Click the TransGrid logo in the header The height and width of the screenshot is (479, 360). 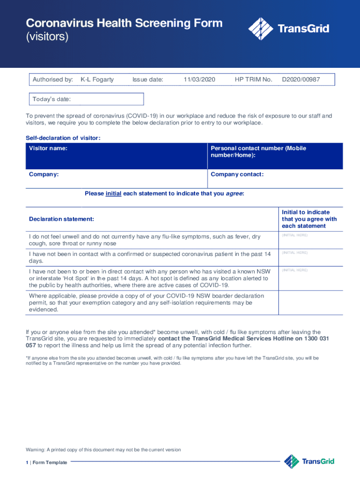(x=288, y=29)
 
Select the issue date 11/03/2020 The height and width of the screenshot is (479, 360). (x=199, y=80)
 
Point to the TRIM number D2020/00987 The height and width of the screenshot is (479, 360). (x=301, y=80)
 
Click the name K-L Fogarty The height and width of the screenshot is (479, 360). (x=97, y=80)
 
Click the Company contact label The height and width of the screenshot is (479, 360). (x=237, y=174)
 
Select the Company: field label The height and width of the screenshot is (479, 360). (x=44, y=174)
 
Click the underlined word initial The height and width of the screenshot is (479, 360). (x=114, y=193)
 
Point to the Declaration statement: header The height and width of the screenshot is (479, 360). (x=61, y=219)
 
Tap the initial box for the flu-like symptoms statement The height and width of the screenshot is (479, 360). (x=310, y=240)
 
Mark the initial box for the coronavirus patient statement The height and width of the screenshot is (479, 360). (x=310, y=258)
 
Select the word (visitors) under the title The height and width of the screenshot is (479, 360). (x=47, y=37)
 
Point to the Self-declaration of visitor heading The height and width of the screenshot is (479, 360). (x=63, y=138)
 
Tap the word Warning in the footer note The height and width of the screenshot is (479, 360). (x=35, y=450)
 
